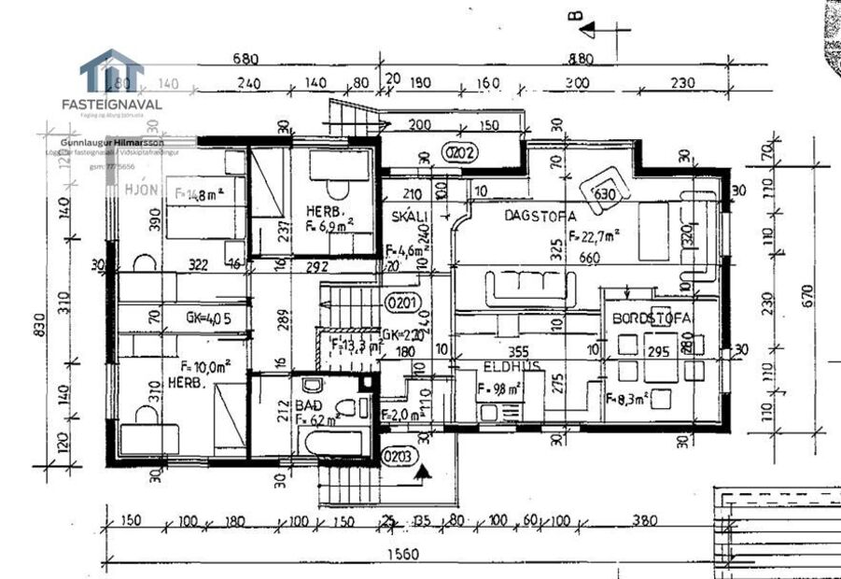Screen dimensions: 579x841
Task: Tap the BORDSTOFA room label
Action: (651, 318)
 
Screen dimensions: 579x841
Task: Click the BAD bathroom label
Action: (308, 407)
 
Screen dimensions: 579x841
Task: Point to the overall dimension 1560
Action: (403, 555)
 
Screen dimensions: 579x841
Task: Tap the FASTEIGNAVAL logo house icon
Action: (111, 73)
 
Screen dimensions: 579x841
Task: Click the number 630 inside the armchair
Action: (604, 195)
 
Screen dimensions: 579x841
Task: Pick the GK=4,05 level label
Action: (207, 318)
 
